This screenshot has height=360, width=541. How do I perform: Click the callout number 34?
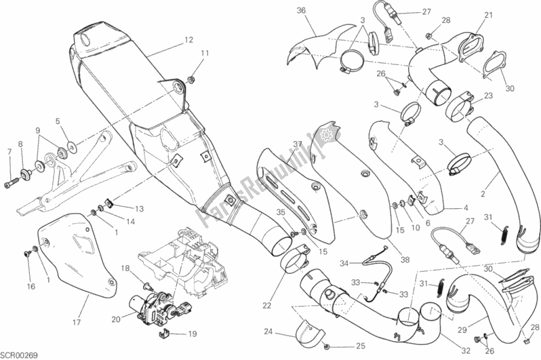344,263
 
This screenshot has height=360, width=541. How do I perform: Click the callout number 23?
487,97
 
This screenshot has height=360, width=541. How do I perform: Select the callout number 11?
205,53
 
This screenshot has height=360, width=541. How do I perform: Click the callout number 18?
124,269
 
